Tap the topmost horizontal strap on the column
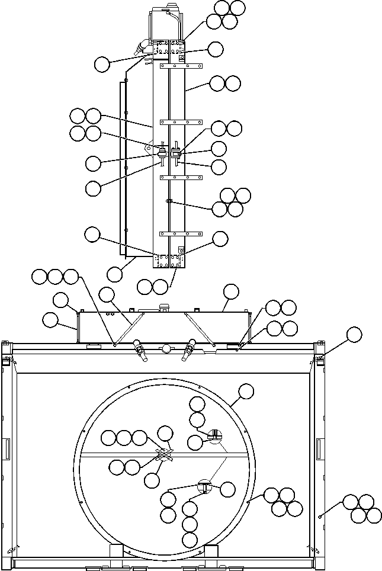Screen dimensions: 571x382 [x=181, y=66]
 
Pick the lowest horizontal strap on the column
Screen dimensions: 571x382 [x=181, y=234]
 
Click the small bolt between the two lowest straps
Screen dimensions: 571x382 [x=169, y=201]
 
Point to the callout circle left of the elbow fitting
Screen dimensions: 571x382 [x=102, y=64]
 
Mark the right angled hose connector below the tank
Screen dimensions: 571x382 [x=188, y=351]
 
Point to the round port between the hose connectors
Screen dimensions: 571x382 [x=166, y=348]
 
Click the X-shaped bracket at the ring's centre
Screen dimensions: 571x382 [x=165, y=455]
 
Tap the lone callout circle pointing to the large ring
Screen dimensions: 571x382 [x=245, y=391]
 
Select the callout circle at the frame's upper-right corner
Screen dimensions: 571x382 [x=354, y=335]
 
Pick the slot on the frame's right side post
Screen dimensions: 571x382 [x=320, y=449]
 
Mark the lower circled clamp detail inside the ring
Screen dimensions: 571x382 [x=204, y=486]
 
